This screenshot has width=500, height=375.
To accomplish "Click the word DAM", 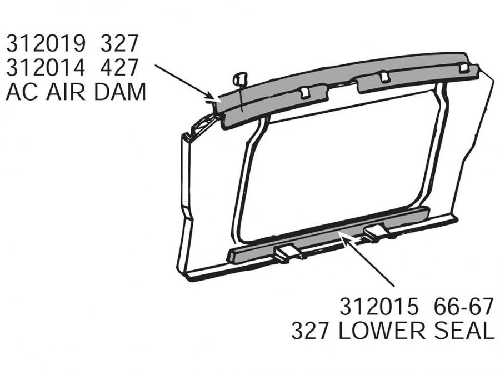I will [120, 92].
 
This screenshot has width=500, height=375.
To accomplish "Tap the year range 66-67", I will [461, 307].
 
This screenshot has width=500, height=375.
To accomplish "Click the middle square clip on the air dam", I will [382, 76].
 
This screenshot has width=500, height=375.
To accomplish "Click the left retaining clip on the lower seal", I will [288, 253].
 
